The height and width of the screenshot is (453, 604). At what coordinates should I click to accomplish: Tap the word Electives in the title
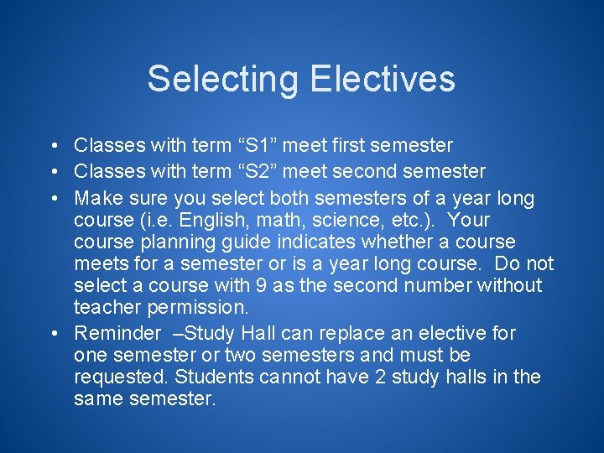[x=382, y=79]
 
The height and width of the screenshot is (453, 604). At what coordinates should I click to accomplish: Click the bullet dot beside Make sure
[x=53, y=199]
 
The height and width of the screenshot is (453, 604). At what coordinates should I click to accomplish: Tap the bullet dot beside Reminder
[x=53, y=333]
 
